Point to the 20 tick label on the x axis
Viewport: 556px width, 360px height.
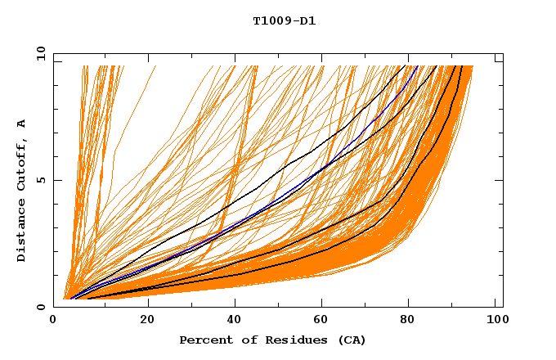coord(147,320)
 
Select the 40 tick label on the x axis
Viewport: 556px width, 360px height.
coord(235,320)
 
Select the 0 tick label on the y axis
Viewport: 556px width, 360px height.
coord(41,307)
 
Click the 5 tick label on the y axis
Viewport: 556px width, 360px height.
coord(41,180)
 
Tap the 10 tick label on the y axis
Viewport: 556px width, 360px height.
coord(38,53)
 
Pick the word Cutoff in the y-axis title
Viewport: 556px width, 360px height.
coord(21,164)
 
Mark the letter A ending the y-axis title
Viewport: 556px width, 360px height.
coord(21,123)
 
